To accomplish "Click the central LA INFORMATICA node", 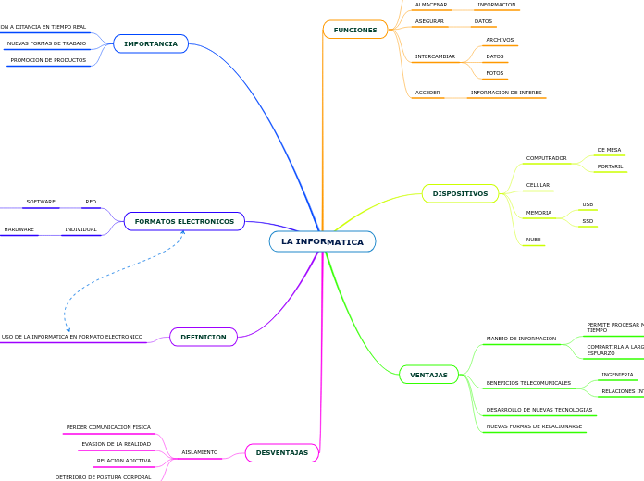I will [x=322, y=241].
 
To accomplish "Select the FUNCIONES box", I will [x=355, y=30].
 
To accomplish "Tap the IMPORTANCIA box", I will [x=151, y=43].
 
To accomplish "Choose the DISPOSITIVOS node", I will [x=460, y=193].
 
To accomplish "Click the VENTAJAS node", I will [x=428, y=375].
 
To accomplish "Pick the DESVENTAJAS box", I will [x=281, y=452].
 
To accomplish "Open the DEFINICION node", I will [x=204, y=337].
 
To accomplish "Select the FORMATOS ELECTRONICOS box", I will [x=184, y=221].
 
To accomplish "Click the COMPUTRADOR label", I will [x=546, y=158].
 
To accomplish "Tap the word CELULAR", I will [x=538, y=185].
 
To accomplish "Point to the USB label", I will [x=588, y=204].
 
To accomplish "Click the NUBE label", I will [x=533, y=239].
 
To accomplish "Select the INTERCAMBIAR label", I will [x=435, y=56].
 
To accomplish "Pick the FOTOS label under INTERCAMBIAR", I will [x=495, y=73].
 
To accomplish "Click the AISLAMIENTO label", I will [x=200, y=452].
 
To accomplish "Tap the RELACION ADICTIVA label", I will [x=124, y=461].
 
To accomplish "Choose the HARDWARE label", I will [x=19, y=229].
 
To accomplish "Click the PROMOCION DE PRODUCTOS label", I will [x=48, y=60].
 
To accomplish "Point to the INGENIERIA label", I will [x=617, y=375].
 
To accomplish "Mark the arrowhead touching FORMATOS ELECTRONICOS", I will [x=183, y=232].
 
